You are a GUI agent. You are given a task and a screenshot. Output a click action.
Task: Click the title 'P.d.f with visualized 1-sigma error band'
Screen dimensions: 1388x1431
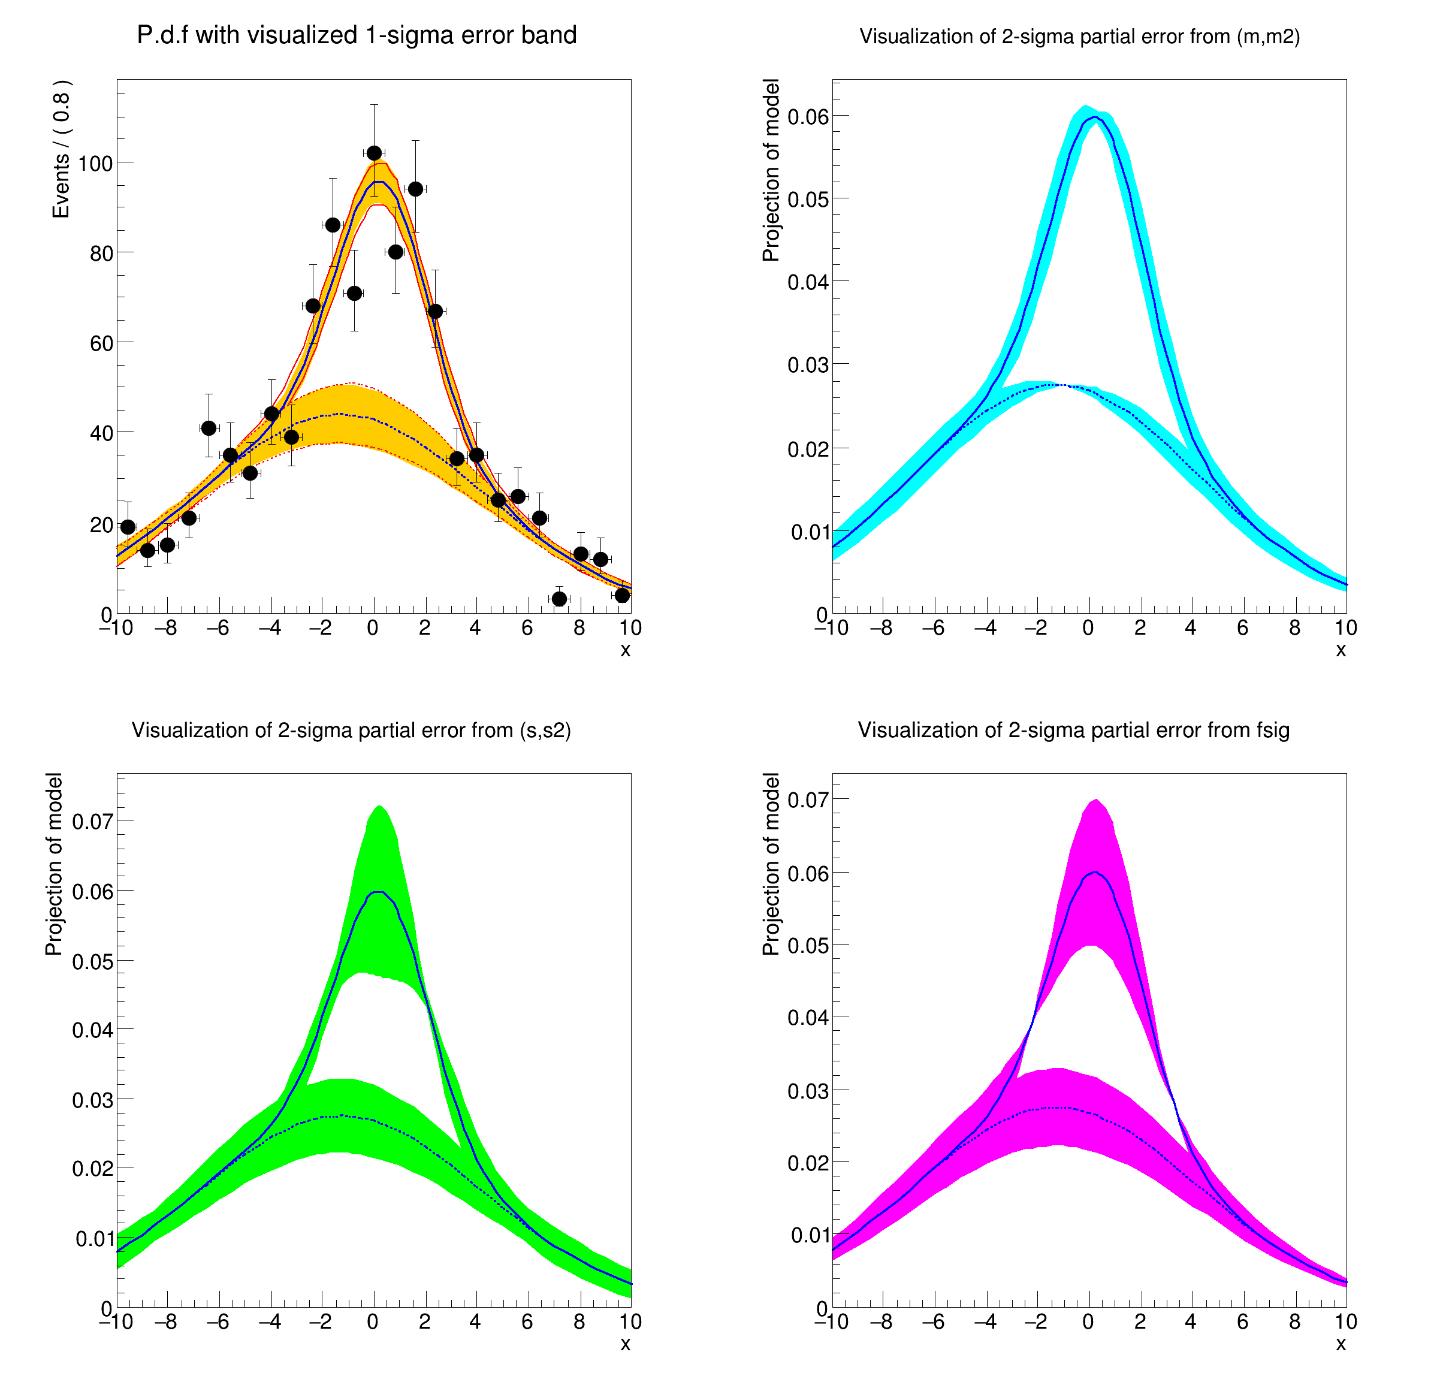357,35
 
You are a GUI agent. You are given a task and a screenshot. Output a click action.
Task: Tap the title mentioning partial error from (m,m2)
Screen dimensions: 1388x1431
1079,37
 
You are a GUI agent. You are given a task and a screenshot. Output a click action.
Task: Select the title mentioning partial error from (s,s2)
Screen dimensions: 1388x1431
351,730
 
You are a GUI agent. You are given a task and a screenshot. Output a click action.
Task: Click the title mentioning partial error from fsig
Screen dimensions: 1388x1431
1073,730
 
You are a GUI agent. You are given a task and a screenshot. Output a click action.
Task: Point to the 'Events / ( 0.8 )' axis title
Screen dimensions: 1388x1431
61,149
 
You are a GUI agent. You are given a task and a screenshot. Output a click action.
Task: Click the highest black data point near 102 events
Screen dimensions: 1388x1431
374,153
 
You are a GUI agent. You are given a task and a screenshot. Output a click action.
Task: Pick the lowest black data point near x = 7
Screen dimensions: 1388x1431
559,599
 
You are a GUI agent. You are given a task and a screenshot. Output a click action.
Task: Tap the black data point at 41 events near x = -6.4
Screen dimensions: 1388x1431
209,428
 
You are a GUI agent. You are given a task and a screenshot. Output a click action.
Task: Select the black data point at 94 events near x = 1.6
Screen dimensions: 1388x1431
415,189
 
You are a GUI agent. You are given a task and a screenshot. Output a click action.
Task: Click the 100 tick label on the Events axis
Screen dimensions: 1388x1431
95,163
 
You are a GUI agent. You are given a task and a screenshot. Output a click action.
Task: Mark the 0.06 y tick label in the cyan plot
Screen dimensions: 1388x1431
808,117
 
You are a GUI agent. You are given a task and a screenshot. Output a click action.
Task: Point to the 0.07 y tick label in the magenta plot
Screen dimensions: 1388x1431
808,799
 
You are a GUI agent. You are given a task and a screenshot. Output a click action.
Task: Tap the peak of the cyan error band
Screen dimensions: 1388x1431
1086,107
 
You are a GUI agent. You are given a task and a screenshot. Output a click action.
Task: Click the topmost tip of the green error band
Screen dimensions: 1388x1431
380,807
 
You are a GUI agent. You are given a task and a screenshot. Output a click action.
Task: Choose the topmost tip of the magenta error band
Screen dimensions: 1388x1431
1096,799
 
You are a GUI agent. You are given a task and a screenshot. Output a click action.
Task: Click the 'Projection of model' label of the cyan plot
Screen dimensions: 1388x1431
771,170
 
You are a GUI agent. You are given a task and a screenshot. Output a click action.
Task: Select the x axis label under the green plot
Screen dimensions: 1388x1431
625,1344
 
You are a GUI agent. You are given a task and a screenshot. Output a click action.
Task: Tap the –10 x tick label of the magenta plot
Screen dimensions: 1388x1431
832,1321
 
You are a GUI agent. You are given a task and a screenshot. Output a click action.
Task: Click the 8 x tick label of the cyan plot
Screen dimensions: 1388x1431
1294,628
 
